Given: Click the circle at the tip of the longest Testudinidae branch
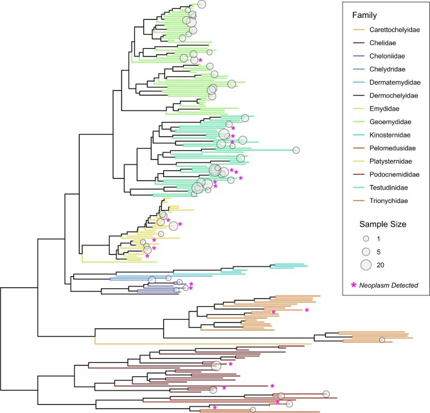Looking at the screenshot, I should click(296, 150).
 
